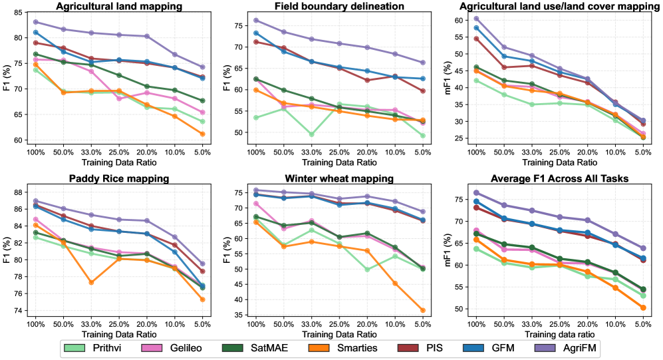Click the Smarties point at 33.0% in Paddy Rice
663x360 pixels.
91,282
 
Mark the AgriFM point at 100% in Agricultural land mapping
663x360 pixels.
35,22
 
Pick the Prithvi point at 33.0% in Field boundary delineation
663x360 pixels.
311,134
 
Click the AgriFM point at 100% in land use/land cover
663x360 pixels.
475,19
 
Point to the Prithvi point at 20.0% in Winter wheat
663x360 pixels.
367,270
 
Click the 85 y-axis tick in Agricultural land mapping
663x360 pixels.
20,13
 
